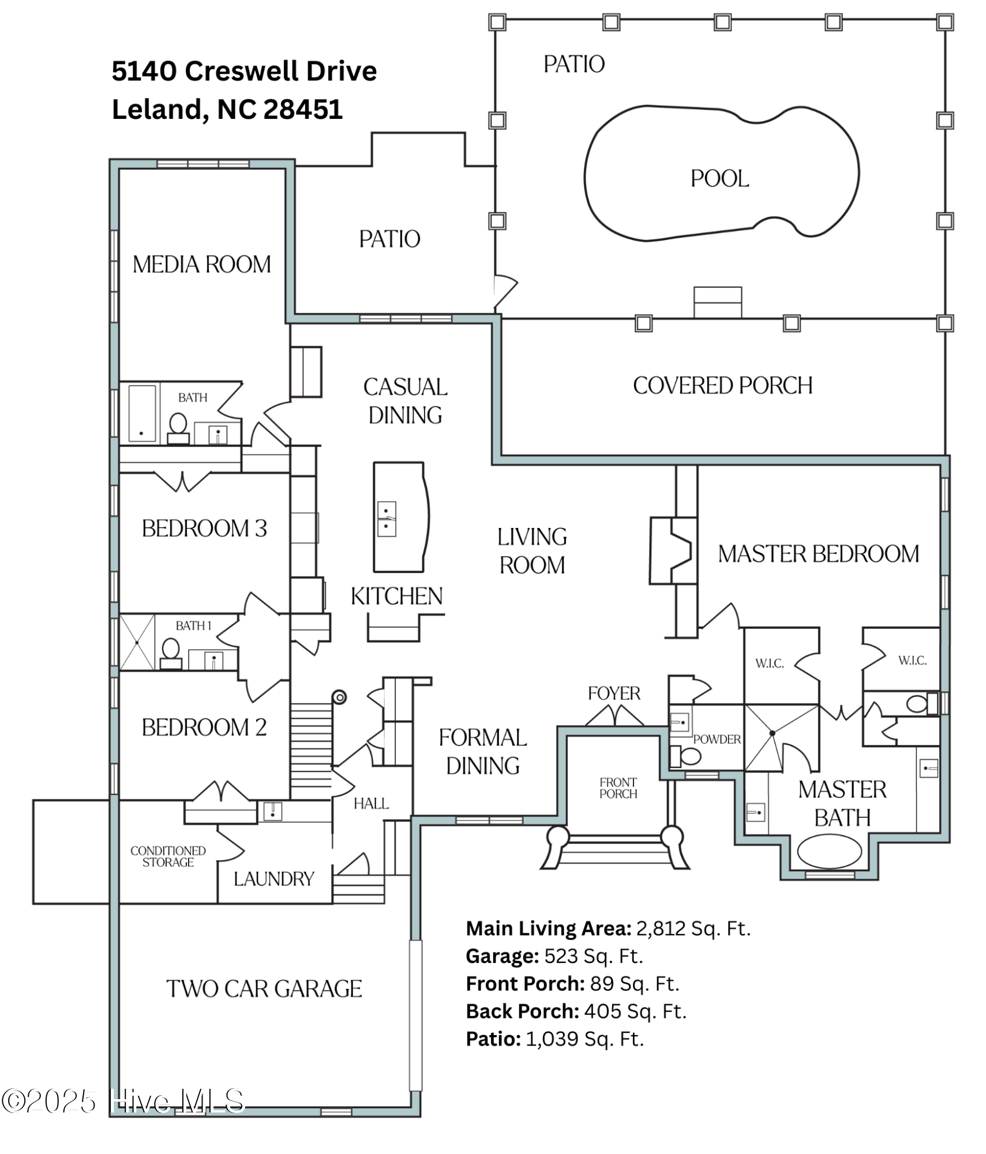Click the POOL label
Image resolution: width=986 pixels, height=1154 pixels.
719,178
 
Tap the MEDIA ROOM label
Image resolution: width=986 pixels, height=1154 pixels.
201,265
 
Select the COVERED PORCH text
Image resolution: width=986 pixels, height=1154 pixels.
722,385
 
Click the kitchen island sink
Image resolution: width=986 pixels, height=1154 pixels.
386,519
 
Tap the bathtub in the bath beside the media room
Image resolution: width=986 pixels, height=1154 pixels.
142,413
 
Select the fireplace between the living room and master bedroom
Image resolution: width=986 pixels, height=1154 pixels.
671,550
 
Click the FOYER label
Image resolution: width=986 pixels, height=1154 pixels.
613,693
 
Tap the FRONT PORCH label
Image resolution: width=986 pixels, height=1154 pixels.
618,788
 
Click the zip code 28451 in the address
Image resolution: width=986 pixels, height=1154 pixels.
303,110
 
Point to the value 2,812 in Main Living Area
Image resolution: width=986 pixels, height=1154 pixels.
660,928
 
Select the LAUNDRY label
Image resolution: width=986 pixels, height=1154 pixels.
273,879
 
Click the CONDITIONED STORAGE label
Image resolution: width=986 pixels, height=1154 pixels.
168,856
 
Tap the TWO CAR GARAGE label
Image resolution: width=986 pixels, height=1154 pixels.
264,989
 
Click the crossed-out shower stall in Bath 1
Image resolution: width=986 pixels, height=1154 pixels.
137,642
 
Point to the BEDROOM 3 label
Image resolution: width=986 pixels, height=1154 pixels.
204,529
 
